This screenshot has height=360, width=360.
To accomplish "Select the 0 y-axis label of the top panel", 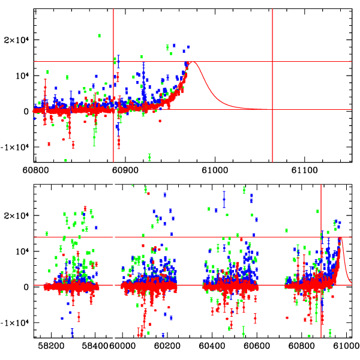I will click(26, 111).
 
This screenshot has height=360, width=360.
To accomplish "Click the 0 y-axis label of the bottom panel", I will click(26, 287).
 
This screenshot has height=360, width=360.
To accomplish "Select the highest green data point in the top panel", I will click(99, 36).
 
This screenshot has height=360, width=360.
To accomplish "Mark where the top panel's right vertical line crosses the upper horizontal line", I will click(272, 61).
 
